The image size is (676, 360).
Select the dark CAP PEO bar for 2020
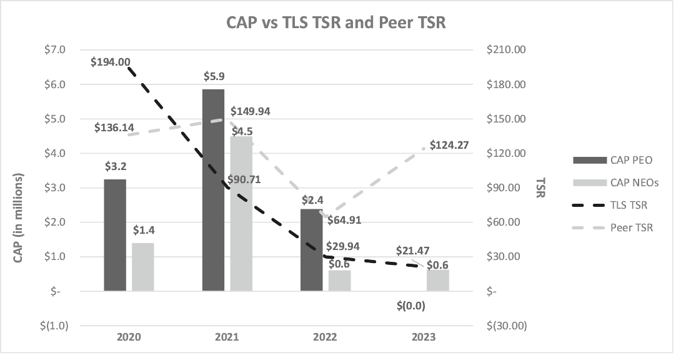[115, 234]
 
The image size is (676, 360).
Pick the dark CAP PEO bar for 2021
[214, 189]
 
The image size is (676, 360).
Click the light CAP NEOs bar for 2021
[242, 213]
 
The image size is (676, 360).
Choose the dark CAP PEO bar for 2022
[312, 249]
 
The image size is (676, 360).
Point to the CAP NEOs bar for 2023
[438, 280]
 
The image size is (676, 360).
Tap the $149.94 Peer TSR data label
[251, 112]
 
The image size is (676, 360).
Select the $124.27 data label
[449, 146]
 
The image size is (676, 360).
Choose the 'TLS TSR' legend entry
[629, 205]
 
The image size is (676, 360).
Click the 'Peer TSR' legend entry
[631, 228]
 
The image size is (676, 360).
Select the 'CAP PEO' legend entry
[631, 160]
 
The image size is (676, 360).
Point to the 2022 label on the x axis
[325, 337]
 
